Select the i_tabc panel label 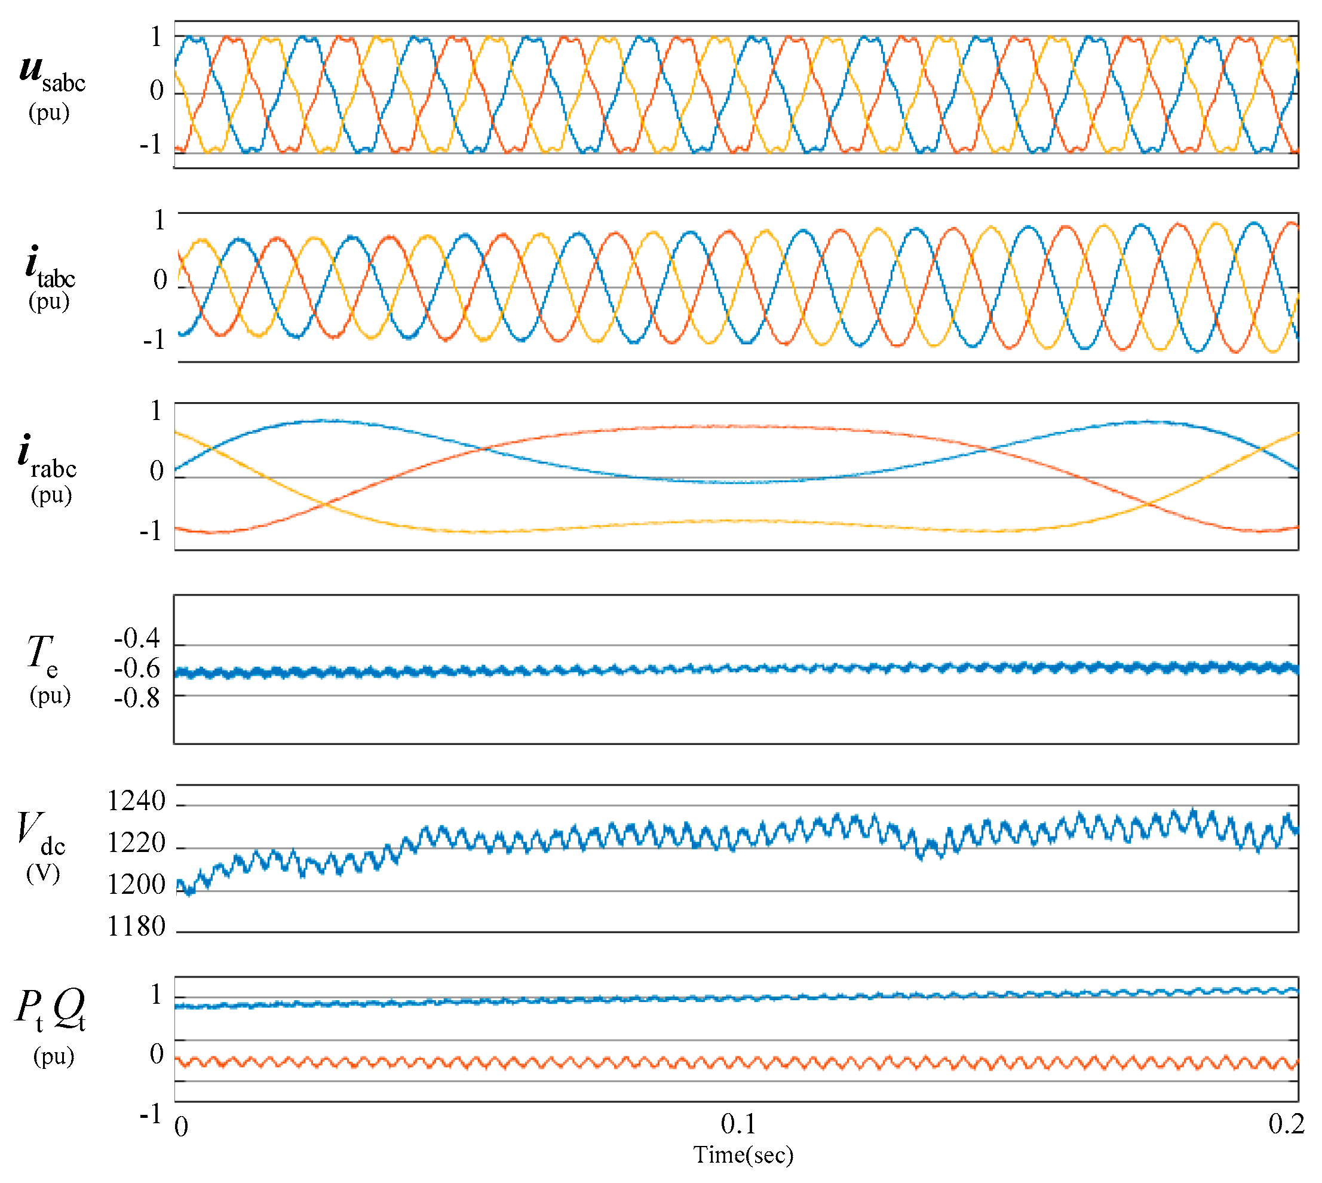pos(50,266)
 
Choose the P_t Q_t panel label pos(50,1012)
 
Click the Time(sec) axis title pos(744,1155)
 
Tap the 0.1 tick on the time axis pos(738,1124)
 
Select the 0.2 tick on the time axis pos(1286,1124)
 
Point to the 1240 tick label pos(136,801)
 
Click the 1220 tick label pos(136,843)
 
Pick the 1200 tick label pos(136,885)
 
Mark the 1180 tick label pos(136,926)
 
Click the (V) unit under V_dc pos(43,873)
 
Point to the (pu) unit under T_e pos(50,695)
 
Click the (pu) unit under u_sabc pos(49,112)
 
